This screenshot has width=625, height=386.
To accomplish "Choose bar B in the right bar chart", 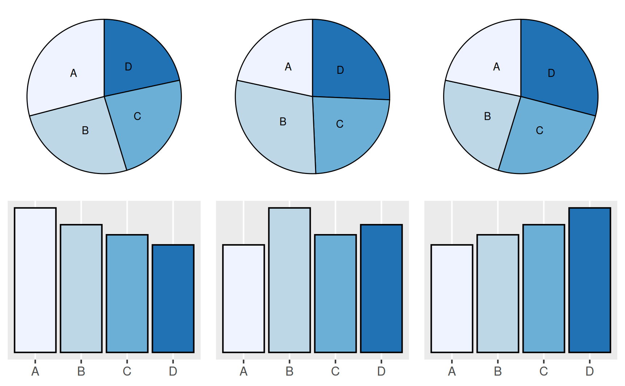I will click(x=498, y=293).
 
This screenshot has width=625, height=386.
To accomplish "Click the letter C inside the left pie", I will click(x=137, y=116).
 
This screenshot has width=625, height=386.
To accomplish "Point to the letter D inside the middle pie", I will click(x=340, y=70).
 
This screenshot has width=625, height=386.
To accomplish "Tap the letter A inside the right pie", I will click(x=497, y=67).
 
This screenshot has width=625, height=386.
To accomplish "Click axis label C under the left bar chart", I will click(x=127, y=371).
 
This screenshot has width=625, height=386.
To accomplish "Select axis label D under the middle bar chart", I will click(x=381, y=371).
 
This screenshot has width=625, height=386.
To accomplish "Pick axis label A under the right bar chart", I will click(x=452, y=371).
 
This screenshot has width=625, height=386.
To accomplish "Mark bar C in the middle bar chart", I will click(x=335, y=293).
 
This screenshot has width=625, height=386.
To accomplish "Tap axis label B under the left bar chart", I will click(x=81, y=371).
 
